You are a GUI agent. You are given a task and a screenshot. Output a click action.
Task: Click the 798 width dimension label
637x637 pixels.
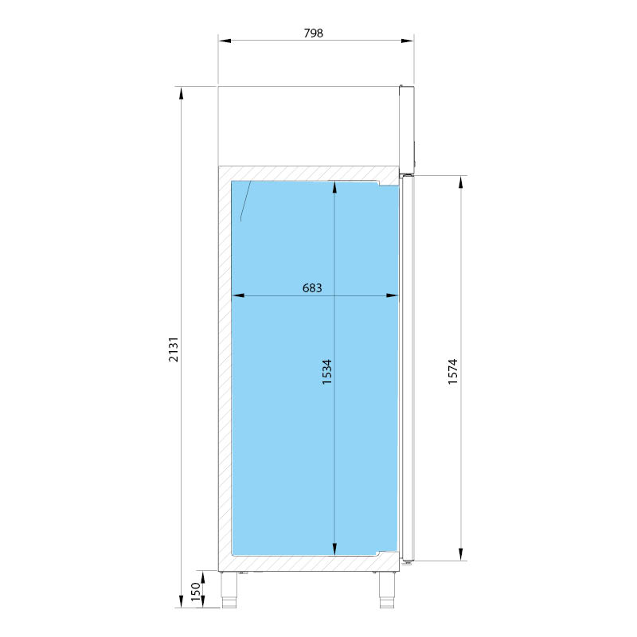point(313,33)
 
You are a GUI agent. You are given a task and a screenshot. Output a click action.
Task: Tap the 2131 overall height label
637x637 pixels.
point(174,349)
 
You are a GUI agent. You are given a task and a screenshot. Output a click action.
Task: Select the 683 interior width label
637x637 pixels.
point(312,288)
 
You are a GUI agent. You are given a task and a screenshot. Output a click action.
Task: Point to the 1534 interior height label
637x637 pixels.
point(327,372)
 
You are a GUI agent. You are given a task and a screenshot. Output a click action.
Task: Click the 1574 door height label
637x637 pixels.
point(453,372)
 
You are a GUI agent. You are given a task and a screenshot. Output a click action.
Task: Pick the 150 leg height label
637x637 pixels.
point(196,592)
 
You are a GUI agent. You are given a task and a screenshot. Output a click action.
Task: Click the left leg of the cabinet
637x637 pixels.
point(229,589)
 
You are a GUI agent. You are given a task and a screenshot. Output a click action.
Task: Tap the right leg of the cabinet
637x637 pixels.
point(387,589)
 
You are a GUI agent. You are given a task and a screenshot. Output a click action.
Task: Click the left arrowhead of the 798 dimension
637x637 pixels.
point(225,41)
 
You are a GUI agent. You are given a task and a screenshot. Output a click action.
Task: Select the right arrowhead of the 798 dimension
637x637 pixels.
point(408,41)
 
